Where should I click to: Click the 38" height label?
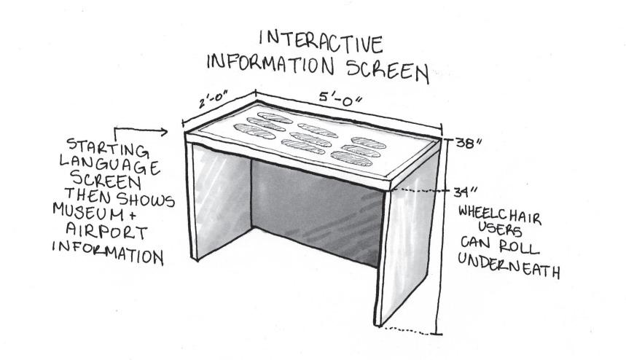click(468, 143)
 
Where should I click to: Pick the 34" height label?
click(462, 192)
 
